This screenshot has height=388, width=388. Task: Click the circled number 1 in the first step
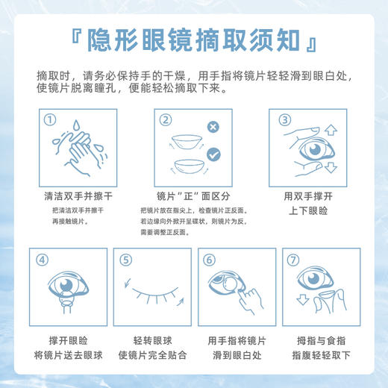pyautogui.click(x=50, y=119)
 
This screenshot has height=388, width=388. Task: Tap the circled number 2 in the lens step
pyautogui.click(x=166, y=119)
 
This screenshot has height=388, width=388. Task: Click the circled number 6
pyautogui.click(x=209, y=260)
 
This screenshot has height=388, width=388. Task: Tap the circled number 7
pyautogui.click(x=293, y=260)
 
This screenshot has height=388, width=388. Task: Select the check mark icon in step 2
pyautogui.click(x=213, y=154)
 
